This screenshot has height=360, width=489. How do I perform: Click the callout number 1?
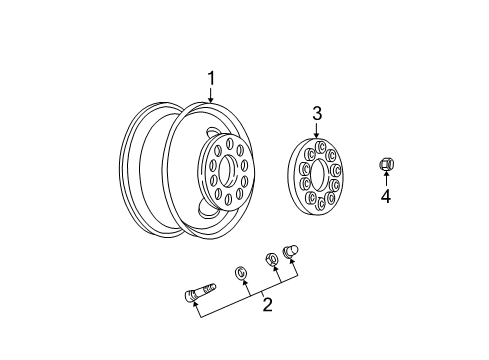point(211,77)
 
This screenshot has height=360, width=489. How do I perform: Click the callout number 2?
point(267,304)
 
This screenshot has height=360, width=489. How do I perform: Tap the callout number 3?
point(316,114)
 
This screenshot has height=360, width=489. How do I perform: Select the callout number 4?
point(385,196)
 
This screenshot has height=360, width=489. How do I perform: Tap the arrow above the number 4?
point(385,178)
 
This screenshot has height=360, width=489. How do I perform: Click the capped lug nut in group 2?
point(294,251)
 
